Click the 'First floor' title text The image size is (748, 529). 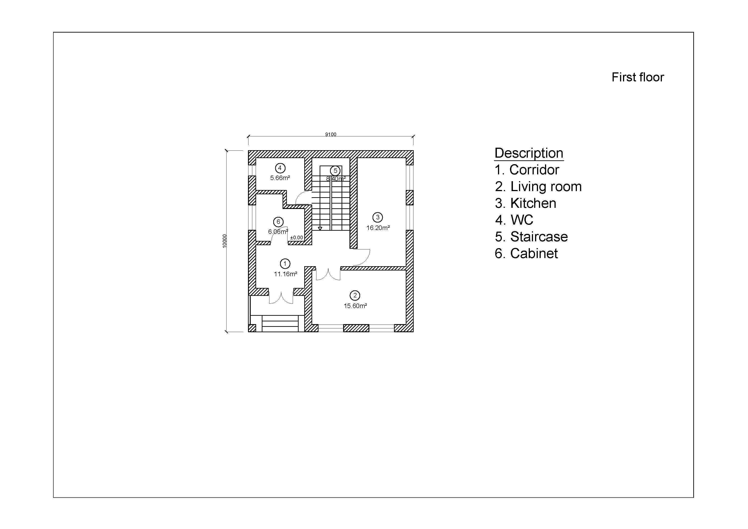click(x=637, y=77)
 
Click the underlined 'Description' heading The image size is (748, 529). click(x=529, y=153)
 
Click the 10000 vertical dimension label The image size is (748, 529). click(x=224, y=241)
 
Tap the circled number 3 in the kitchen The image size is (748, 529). click(x=378, y=217)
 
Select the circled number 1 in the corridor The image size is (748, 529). click(x=285, y=263)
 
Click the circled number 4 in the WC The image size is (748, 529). click(x=280, y=168)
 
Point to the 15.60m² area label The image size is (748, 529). click(x=355, y=306)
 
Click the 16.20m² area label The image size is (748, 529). click(x=378, y=228)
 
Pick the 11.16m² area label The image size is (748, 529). click(x=285, y=274)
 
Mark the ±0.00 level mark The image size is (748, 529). click(x=296, y=238)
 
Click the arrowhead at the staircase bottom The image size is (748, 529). click(x=320, y=228)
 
